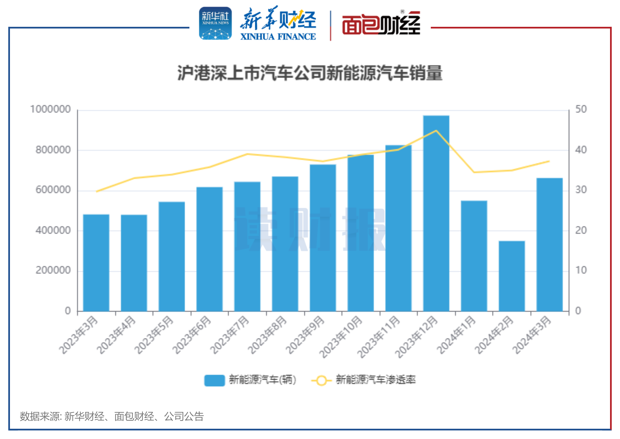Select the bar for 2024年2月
511,276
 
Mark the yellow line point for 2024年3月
549,161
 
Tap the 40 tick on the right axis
581,150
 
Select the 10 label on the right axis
581,271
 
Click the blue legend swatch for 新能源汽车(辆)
214,380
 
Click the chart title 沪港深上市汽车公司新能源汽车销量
310,73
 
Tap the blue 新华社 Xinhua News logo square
215,23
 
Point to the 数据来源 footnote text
111,417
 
